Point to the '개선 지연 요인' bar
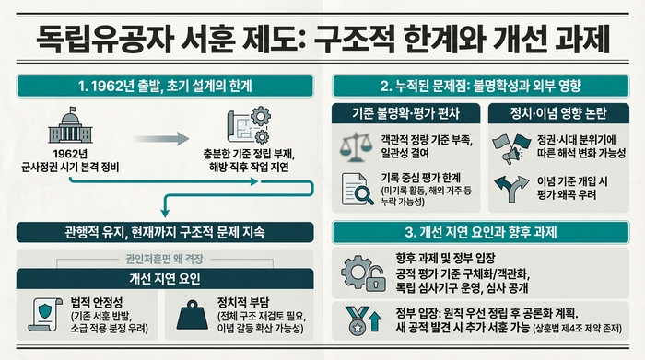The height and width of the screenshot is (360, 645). tap(166, 278)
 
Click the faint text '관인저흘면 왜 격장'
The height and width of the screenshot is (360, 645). tap(166, 259)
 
